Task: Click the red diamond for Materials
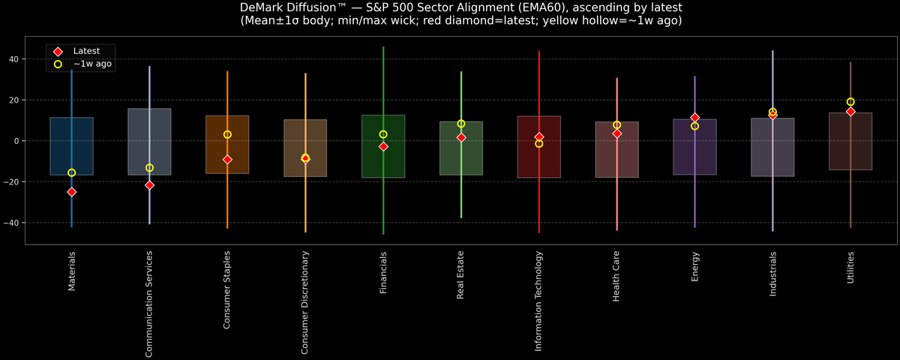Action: (71, 192)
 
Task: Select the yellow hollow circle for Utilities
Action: (850, 102)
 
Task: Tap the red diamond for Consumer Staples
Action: (227, 160)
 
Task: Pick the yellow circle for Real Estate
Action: (461, 124)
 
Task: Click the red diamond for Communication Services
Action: (149, 184)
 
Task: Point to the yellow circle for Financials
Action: (383, 134)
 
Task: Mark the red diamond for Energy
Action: (695, 118)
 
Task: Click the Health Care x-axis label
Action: (616, 276)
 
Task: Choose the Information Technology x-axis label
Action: (538, 300)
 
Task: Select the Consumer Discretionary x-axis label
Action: (305, 301)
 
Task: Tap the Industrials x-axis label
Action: (772, 273)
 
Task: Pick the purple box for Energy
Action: (695, 147)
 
